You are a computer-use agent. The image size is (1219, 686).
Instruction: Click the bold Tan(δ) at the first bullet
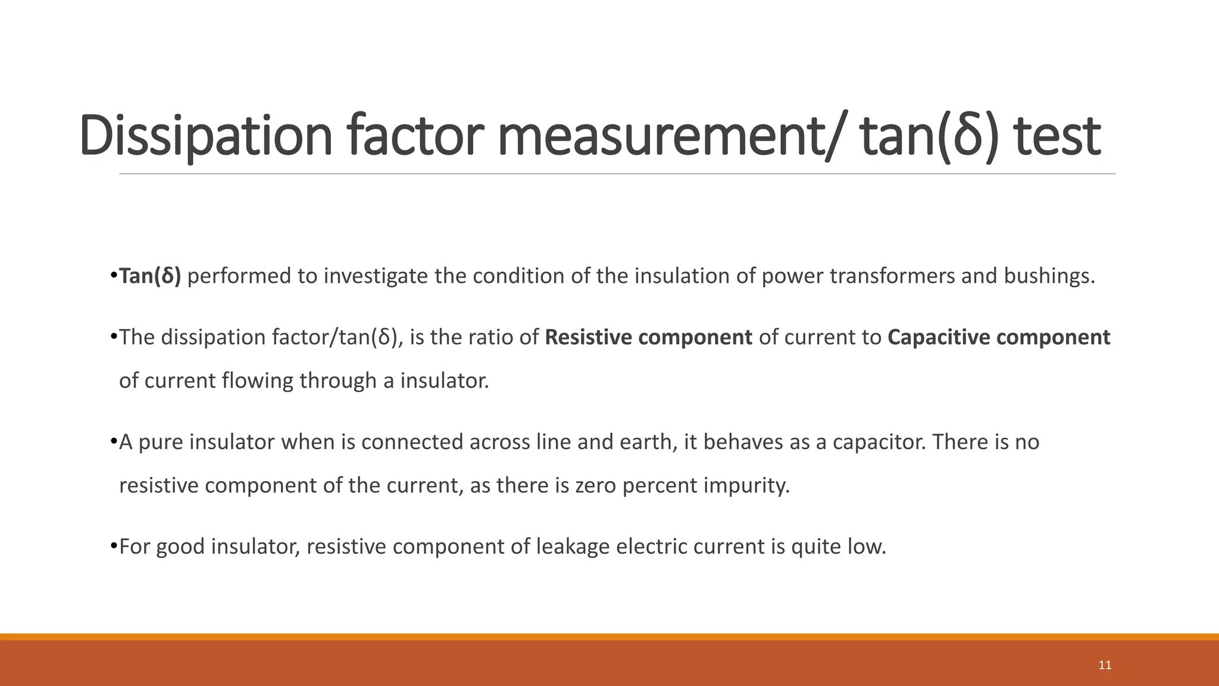coord(150,276)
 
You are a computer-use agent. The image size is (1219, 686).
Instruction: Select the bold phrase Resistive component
coord(648,338)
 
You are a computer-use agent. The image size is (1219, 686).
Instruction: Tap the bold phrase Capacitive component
coord(999,338)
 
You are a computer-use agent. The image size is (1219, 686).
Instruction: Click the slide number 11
coord(1105,665)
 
